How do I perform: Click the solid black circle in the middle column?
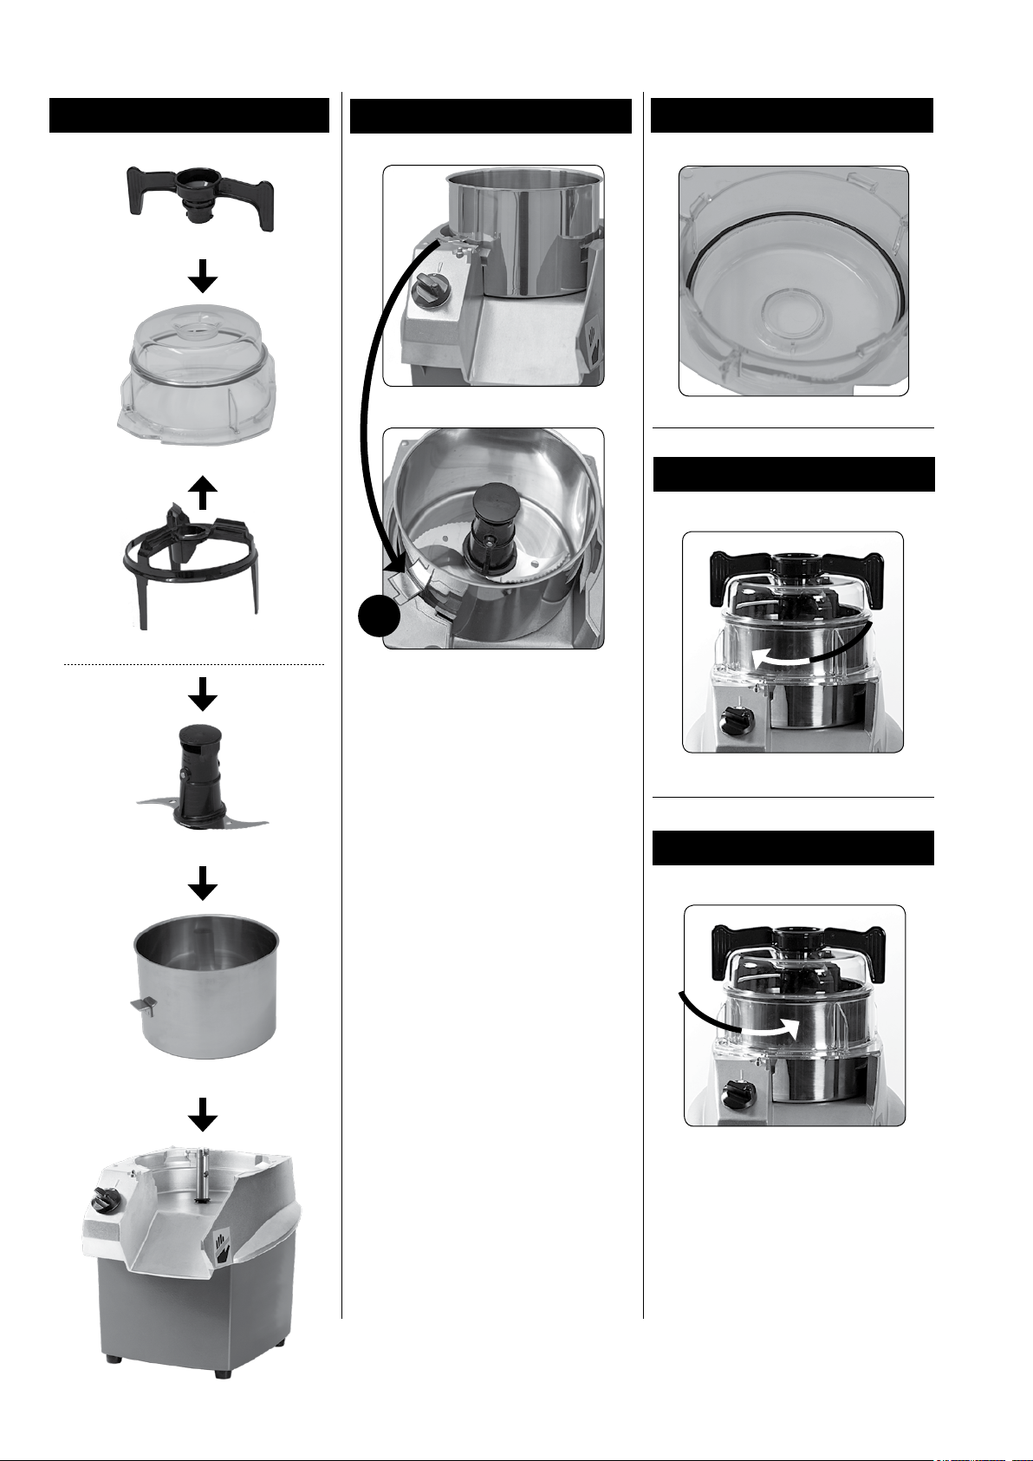click(378, 618)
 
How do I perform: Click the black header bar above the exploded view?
click(189, 115)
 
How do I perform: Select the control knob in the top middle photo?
click(426, 286)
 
